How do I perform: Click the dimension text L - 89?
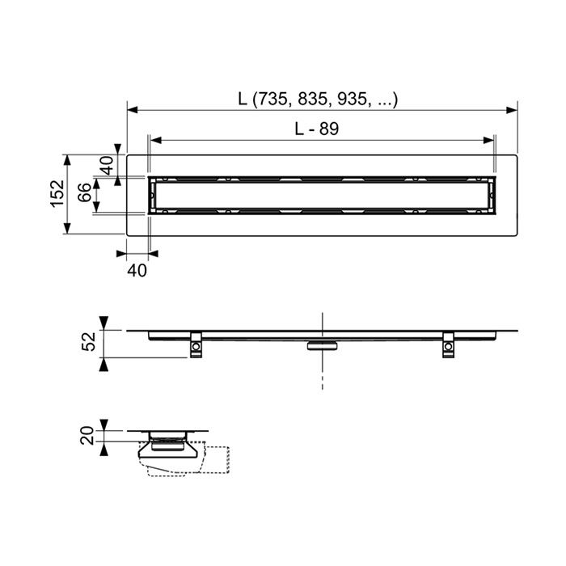coord(317,129)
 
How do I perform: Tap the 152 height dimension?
coord(57,194)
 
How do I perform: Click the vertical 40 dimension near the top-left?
coord(108,165)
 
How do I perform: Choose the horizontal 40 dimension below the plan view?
coord(137,270)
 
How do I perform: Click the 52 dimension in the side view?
coord(89,341)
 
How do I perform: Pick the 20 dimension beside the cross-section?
coord(87,435)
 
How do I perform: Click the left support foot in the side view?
coord(196,345)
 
